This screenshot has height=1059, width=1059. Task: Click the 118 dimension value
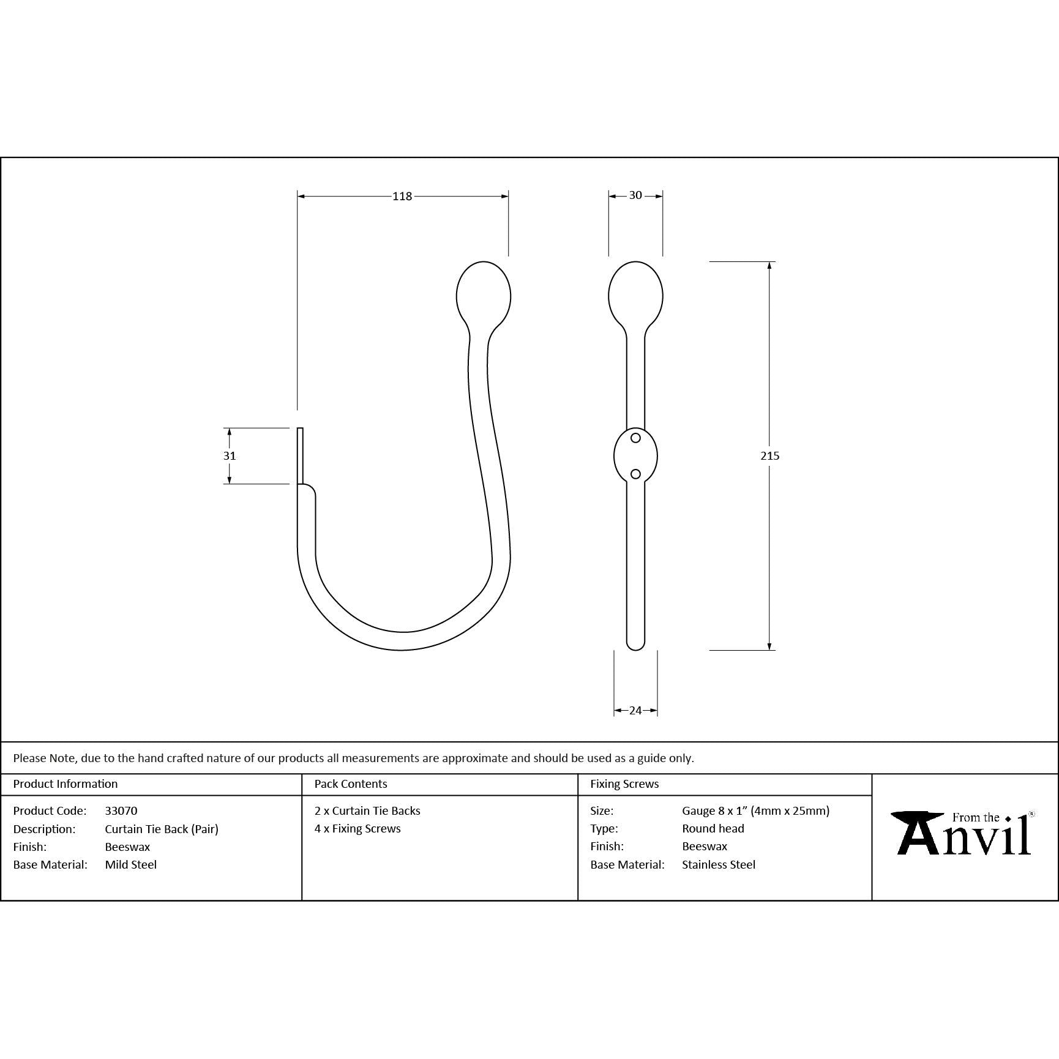[402, 196]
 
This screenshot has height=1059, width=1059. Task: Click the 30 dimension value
[635, 195]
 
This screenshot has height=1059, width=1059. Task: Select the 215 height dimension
[769, 455]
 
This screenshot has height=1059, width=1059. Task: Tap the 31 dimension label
[230, 455]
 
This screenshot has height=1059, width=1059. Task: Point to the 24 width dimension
[635, 710]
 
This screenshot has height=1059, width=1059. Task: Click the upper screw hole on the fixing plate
[635, 438]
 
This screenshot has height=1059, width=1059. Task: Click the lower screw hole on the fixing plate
[635, 474]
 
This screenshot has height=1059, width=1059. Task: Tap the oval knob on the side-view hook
[484, 296]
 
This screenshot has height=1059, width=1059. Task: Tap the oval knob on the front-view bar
[635, 296]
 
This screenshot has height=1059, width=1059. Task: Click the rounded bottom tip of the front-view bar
[635, 644]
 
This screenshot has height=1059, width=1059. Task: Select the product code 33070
[121, 810]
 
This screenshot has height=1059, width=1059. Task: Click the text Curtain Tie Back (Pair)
[162, 829]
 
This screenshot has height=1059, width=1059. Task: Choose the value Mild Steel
[131, 864]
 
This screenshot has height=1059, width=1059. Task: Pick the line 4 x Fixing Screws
[357, 828]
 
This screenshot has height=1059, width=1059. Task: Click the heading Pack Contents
[351, 784]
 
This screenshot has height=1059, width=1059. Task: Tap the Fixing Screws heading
[624, 784]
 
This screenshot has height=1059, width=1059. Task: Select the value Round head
[713, 828]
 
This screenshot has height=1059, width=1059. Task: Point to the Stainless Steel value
[719, 864]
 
